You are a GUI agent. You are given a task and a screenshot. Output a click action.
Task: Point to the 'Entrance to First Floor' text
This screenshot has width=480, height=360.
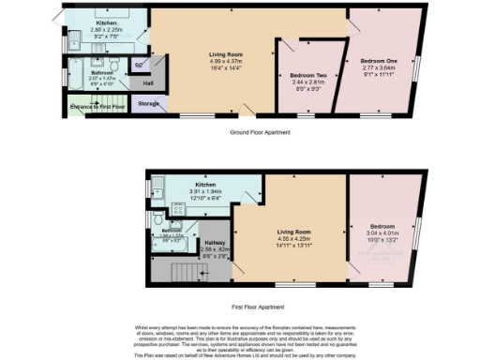tap(97, 107)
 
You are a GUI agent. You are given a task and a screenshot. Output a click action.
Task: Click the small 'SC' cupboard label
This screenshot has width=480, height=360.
tap(139, 65)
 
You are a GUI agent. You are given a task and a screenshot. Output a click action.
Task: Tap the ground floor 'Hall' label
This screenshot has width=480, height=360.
tap(147, 82)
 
